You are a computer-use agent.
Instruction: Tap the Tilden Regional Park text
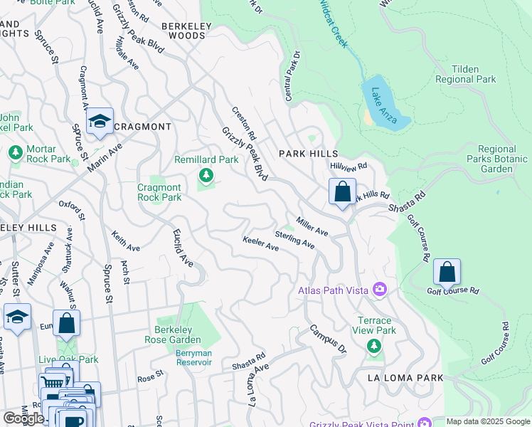click(x=465, y=74)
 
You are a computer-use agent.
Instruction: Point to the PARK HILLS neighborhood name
click(x=306, y=154)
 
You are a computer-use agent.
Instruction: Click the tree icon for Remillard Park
click(x=206, y=175)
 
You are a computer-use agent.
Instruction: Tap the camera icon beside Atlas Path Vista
click(x=380, y=288)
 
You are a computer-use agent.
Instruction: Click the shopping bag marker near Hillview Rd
click(x=342, y=191)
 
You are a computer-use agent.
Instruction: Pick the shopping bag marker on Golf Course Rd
click(x=447, y=272)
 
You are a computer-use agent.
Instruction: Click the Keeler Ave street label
click(x=260, y=243)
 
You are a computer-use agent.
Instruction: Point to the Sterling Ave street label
click(x=294, y=239)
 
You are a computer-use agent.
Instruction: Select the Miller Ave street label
click(x=312, y=227)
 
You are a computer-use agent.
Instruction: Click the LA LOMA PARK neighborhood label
click(x=405, y=378)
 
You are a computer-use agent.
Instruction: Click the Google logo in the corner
click(x=23, y=418)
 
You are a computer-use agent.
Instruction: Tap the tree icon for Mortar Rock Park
click(x=15, y=152)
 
